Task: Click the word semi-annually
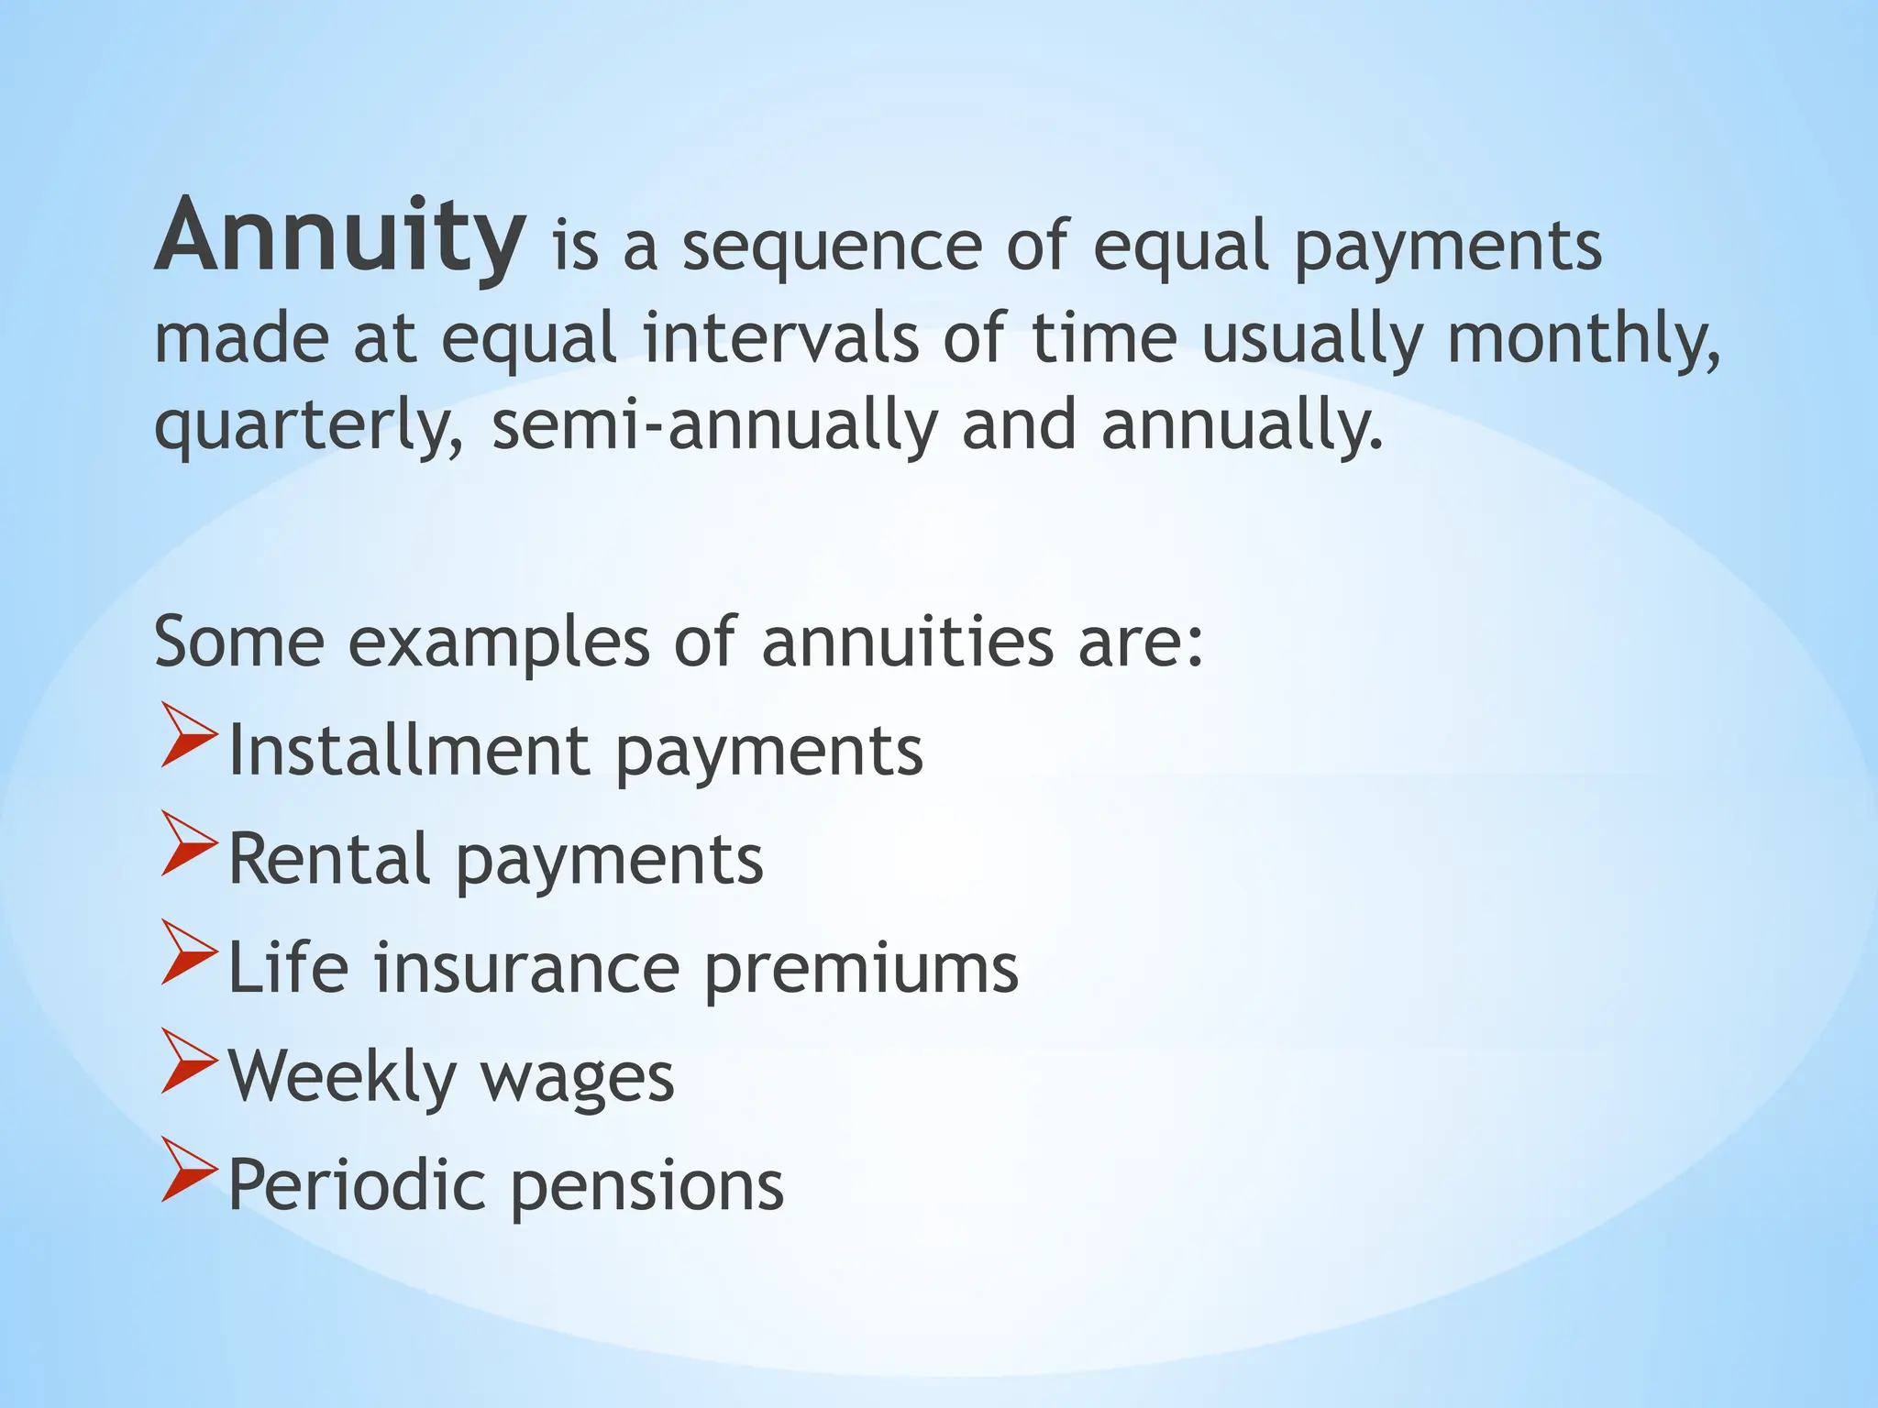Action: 715,426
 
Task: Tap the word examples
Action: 499,642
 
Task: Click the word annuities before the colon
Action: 908,642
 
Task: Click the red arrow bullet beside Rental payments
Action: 189,842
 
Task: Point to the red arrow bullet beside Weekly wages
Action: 189,1061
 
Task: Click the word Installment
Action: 408,751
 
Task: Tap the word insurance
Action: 526,968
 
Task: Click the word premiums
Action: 861,970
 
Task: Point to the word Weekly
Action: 342,1076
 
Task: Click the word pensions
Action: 646,1186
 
